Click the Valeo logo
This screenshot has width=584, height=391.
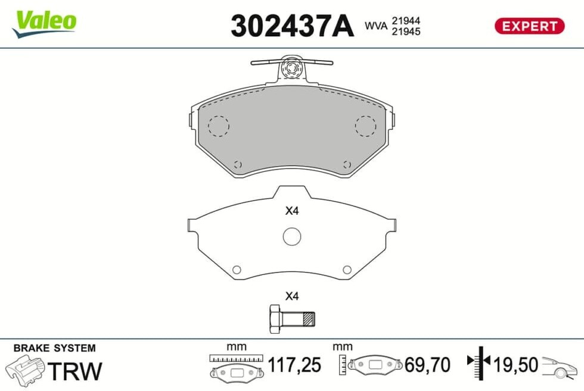[44, 23]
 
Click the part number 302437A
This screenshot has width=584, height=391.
[292, 26]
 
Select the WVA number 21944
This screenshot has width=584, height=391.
[406, 20]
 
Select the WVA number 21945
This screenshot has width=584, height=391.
[406, 32]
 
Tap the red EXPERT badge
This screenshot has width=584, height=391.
[529, 26]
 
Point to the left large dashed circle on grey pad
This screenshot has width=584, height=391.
[219, 126]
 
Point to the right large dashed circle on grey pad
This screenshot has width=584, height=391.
[365, 126]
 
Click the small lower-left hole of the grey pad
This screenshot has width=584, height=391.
[237, 164]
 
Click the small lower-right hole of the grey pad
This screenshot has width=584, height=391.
[347, 164]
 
